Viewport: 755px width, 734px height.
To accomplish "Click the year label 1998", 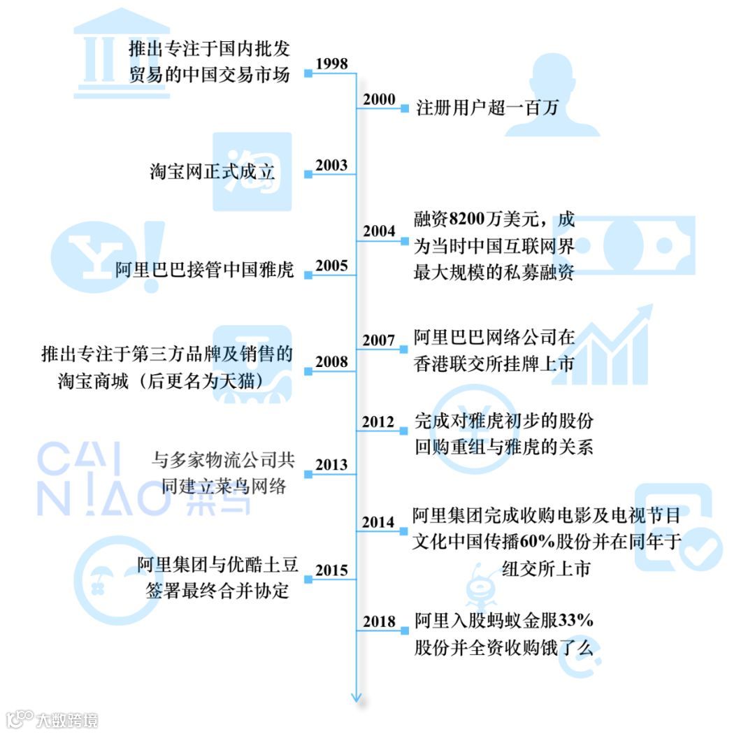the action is [x=331, y=64].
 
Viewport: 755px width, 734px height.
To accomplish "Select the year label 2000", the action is [x=379, y=99].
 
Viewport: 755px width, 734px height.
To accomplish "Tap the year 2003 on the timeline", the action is [x=331, y=166].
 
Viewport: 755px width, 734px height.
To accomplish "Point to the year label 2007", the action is [x=379, y=340].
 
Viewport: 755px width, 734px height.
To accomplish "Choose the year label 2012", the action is [x=379, y=422].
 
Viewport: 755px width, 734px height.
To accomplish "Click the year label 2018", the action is [x=379, y=622].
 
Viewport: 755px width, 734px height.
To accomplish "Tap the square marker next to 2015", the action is [x=308, y=578].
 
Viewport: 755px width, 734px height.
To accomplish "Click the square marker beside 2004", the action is [x=404, y=240].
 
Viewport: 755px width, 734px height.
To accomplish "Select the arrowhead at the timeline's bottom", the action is [x=357, y=696].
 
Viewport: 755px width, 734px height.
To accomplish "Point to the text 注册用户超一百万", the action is [x=487, y=108].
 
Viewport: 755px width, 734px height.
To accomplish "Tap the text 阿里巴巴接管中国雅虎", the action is [x=204, y=270].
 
